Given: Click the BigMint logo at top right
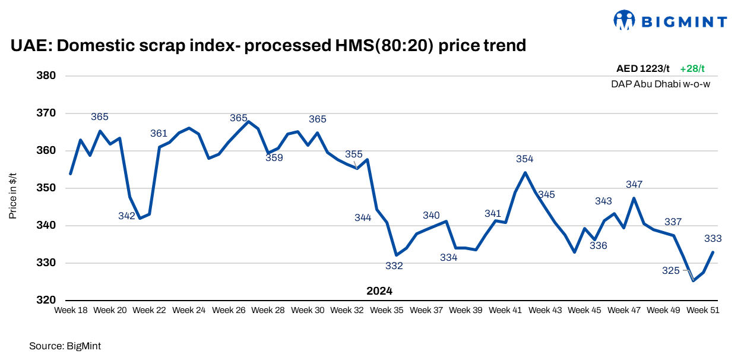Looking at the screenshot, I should point(670,21).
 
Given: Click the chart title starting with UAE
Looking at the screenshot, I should point(268,45).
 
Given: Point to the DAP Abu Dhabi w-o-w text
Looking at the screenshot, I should point(660,84).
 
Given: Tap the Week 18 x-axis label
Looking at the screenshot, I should point(71,310).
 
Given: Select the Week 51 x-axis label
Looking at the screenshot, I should point(703,310).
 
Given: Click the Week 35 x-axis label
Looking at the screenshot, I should point(387,310).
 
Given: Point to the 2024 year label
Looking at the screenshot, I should point(379,291).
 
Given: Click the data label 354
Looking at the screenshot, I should point(525,159).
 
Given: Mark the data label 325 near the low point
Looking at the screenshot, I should point(671,271).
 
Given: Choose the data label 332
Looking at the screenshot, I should point(394,266).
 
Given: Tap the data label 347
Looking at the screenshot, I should point(634,185).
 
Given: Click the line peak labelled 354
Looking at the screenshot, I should point(525,173).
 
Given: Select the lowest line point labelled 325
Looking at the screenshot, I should point(693,280).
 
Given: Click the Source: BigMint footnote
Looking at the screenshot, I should point(61,345).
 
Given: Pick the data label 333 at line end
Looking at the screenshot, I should point(713,239).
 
